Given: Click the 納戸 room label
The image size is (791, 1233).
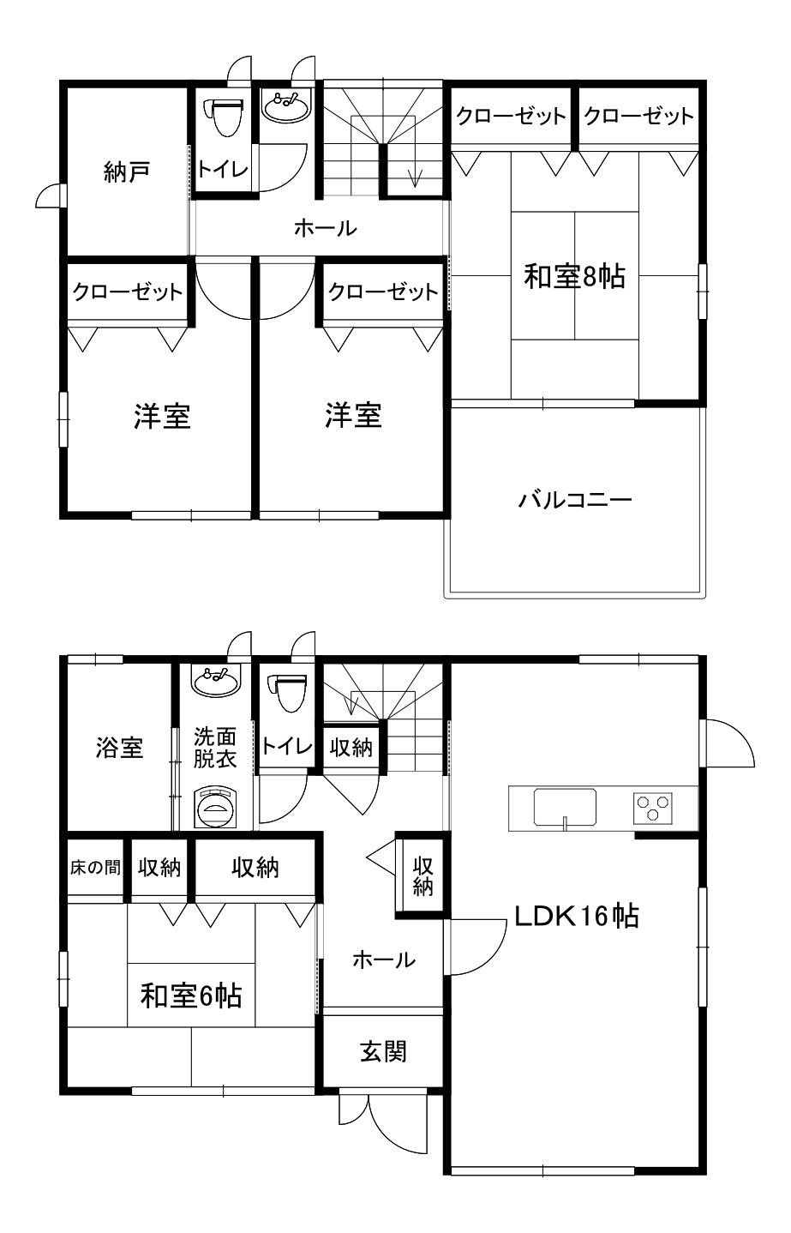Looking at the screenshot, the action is pyautogui.click(x=127, y=173).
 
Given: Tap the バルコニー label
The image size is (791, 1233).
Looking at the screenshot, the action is pyautogui.click(x=574, y=500).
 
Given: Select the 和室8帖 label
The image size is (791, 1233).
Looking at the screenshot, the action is pyautogui.click(x=574, y=276).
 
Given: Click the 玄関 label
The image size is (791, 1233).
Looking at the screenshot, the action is pyautogui.click(x=383, y=1051).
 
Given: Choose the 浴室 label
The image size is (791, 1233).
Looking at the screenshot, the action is pyautogui.click(x=119, y=748).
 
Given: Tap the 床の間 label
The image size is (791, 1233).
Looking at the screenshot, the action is pyautogui.click(x=95, y=868).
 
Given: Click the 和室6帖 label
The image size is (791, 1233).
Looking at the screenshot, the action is pyautogui.click(x=191, y=996).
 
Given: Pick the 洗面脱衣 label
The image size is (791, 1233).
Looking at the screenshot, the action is pyautogui.click(x=214, y=748).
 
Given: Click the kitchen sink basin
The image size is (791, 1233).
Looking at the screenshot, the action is pyautogui.click(x=565, y=807).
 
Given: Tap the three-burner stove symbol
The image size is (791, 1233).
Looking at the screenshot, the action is pyautogui.click(x=652, y=808).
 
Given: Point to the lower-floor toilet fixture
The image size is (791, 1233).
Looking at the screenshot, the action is pyautogui.click(x=287, y=693).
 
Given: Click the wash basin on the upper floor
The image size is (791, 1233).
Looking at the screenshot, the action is pyautogui.click(x=286, y=106).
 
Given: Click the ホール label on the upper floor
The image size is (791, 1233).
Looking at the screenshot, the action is pyautogui.click(x=326, y=228).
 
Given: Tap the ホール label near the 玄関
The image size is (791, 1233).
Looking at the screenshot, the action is pyautogui.click(x=384, y=960).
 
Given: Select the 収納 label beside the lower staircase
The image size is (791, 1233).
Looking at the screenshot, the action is pyautogui.click(x=351, y=748).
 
